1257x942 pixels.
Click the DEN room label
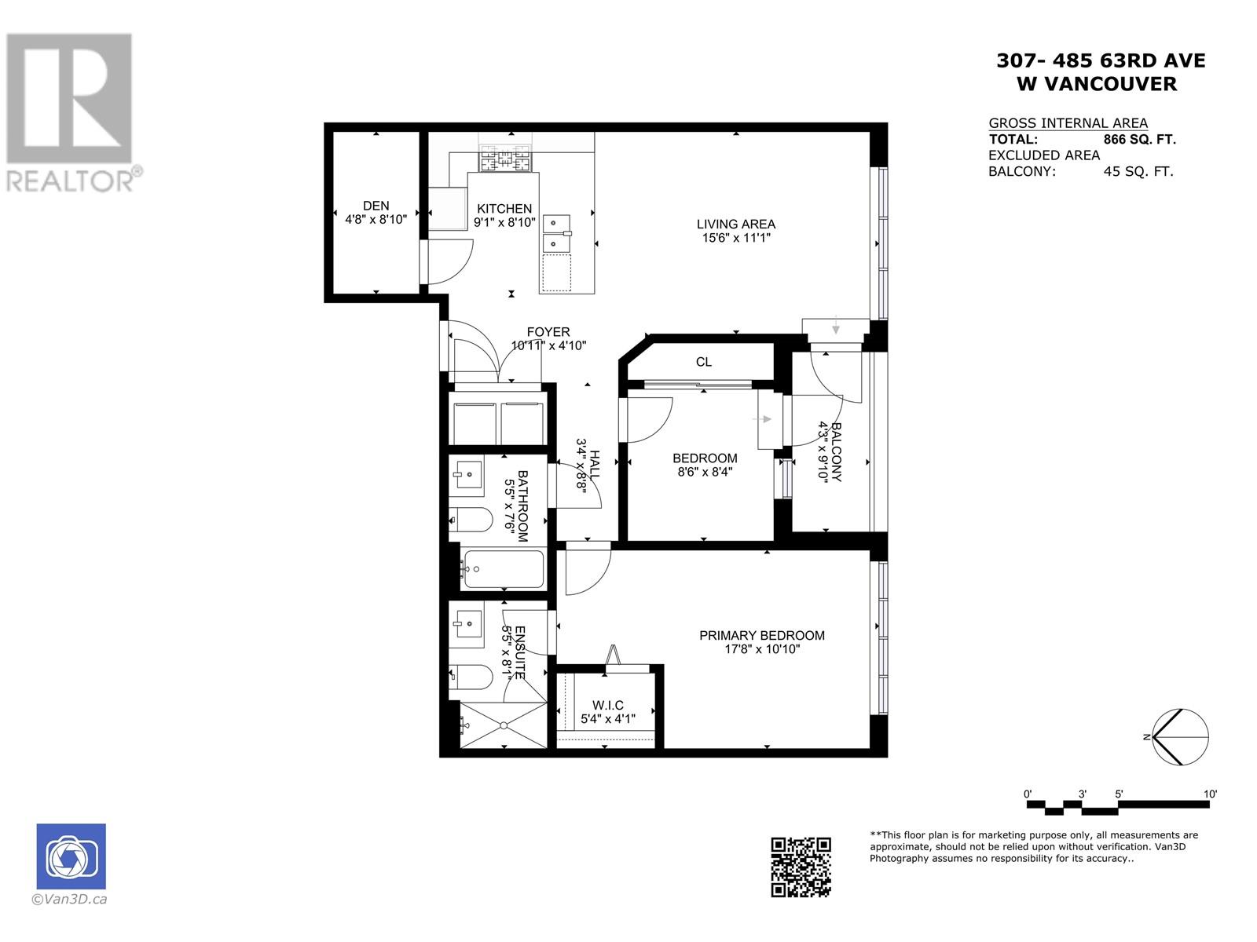[x=376, y=206]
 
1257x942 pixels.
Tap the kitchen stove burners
[x=505, y=159]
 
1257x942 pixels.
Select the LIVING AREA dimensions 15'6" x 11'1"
[x=735, y=238]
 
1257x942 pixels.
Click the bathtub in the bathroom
[x=503, y=569]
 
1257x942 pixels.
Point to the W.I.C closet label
[x=607, y=706]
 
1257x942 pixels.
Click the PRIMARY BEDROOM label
[x=761, y=635]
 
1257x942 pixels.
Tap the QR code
[x=801, y=867]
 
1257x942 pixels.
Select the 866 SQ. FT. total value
[x=1139, y=140]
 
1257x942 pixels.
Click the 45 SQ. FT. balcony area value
[x=1138, y=172]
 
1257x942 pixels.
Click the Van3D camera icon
[x=71, y=856]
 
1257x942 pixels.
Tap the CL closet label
[x=703, y=362]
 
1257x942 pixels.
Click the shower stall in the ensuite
[x=503, y=725]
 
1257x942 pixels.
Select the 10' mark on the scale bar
[x=1209, y=794]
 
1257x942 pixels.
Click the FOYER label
[x=548, y=332]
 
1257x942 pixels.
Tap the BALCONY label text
[x=836, y=452]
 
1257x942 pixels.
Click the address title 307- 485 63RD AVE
[x=1100, y=60]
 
